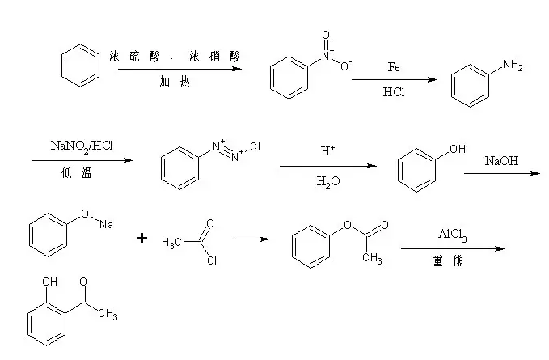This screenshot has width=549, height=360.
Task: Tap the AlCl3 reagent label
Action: click(x=453, y=235)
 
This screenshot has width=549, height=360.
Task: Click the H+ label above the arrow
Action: click(x=327, y=151)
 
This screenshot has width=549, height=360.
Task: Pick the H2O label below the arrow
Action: click(x=327, y=182)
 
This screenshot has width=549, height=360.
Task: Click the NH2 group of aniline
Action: click(x=513, y=66)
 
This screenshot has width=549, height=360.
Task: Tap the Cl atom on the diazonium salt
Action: click(x=255, y=148)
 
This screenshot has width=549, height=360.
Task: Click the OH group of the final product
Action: click(x=49, y=282)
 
